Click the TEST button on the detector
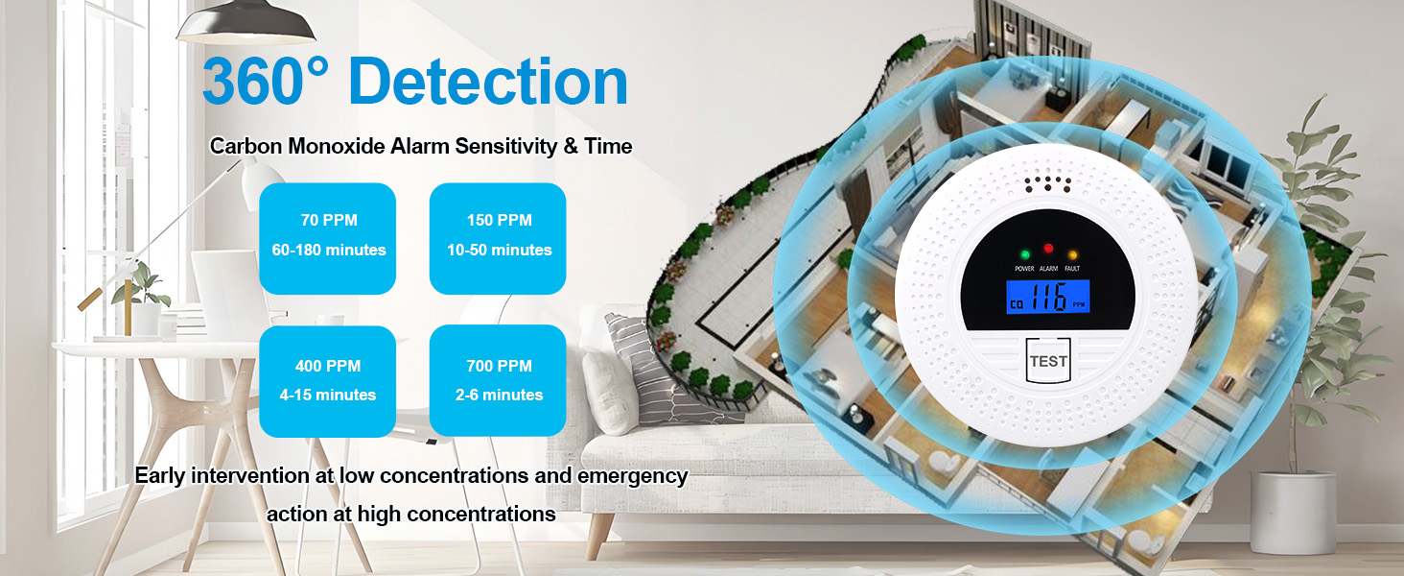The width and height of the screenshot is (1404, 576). [x=1048, y=360]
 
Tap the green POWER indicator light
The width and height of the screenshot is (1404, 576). [x=1025, y=254]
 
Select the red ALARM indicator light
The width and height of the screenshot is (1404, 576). [x=1048, y=249]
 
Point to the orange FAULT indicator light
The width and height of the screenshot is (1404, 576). [x=1072, y=254]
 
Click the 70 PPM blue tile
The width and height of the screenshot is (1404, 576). [x=328, y=238]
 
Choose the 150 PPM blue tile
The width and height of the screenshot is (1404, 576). [x=498, y=238]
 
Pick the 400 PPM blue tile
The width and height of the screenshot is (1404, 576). [x=328, y=381]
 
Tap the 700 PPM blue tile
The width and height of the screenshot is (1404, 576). [x=498, y=380]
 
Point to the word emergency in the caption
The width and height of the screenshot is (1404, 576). [x=632, y=477]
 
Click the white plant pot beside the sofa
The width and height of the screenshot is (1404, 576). [x=1293, y=513]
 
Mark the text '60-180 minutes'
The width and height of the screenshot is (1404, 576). [x=329, y=250]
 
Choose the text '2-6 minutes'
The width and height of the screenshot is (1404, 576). [x=499, y=395]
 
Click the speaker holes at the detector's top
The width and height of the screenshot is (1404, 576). [x=1047, y=183]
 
